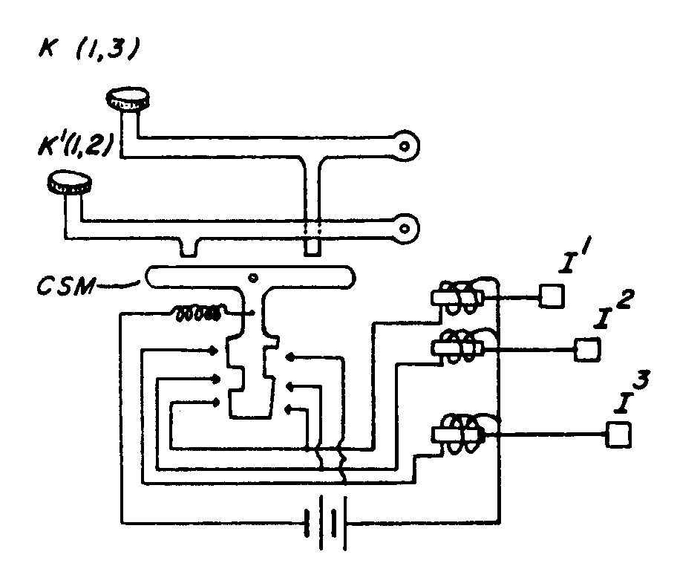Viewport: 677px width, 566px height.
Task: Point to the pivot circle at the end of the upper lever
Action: coord(403,146)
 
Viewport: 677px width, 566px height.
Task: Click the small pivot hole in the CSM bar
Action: coord(254,279)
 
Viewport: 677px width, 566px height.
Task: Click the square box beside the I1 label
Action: coord(552,297)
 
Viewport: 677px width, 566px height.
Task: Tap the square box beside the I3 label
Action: coord(619,434)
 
